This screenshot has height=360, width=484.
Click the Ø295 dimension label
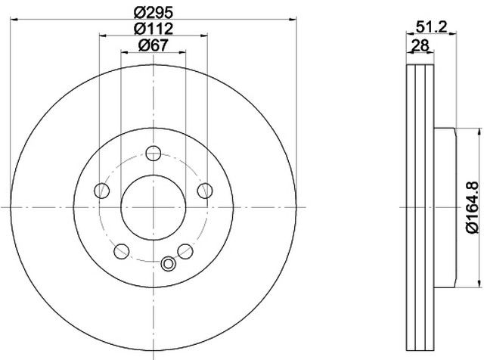(x=154, y=13)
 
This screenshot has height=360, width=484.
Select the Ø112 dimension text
(x=154, y=29)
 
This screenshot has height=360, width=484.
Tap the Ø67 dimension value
(x=154, y=45)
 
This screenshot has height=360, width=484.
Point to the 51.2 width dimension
(x=431, y=27)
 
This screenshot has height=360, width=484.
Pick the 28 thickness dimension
(x=420, y=46)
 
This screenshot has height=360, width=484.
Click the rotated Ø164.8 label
(x=472, y=207)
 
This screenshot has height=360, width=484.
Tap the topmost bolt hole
(x=154, y=153)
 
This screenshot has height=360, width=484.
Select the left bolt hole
(x=102, y=191)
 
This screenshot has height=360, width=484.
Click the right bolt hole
(x=205, y=191)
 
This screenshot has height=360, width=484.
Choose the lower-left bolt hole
(x=121, y=251)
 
